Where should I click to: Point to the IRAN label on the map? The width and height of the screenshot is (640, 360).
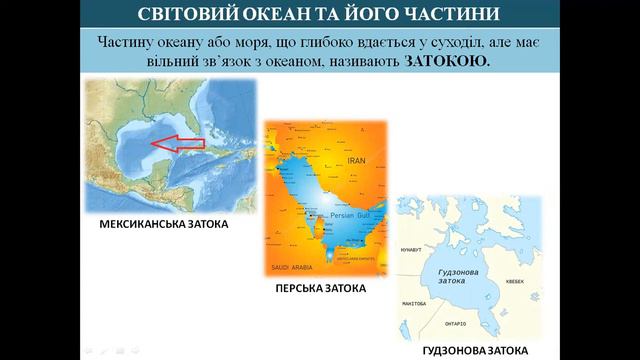click(357, 159)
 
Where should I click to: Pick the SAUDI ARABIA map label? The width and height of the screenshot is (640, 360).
click(292, 269)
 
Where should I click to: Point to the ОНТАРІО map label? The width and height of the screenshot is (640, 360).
click(455, 324)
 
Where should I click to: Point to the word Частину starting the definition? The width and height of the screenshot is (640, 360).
click(131, 42)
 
